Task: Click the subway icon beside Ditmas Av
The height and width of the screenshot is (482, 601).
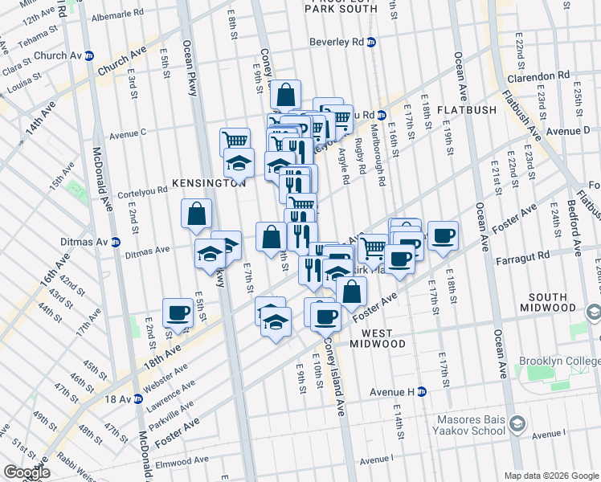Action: (116, 241)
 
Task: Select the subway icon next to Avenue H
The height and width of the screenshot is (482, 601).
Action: (421, 392)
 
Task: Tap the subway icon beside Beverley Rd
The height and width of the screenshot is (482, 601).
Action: (370, 43)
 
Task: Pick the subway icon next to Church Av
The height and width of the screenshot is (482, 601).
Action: (89, 56)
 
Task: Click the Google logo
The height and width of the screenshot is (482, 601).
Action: (27, 472)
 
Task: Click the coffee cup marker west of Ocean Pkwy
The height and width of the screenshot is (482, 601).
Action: (178, 312)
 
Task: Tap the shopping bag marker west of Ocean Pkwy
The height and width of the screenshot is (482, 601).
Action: (197, 214)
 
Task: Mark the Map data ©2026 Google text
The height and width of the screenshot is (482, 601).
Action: (550, 476)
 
